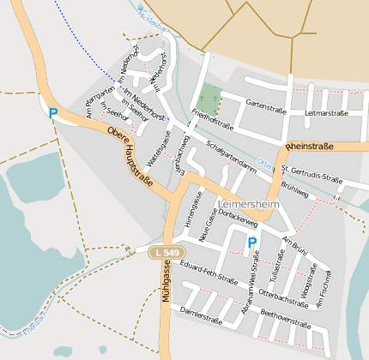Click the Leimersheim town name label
248,205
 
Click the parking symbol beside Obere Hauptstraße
52,112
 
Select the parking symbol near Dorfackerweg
251,243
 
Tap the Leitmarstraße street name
325,112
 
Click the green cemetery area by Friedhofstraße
209,97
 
